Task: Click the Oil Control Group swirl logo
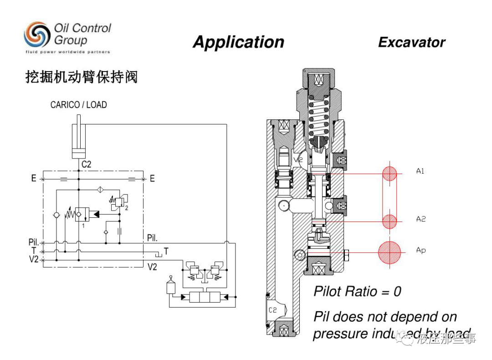37,35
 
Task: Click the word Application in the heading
238,42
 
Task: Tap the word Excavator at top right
411,42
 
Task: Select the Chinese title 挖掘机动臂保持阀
81,77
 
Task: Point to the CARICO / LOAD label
78,105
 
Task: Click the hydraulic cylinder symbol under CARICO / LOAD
79,137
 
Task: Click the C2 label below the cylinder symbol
86,164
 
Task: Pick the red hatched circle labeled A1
389,174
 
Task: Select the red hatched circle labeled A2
389,221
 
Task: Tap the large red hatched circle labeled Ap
389,252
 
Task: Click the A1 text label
420,171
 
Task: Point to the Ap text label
421,250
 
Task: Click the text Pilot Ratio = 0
357,292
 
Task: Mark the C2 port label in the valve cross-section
272,310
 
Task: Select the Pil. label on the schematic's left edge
33,242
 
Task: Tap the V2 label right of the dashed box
152,267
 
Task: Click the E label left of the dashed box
34,179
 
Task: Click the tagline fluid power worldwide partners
67,52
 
